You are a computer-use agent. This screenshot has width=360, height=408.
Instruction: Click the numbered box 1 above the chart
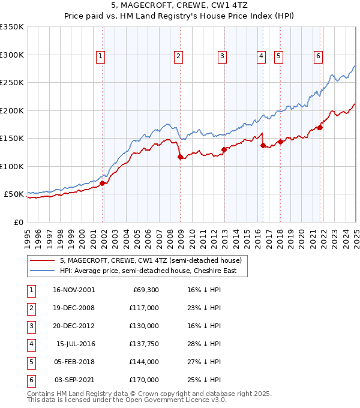point(100,56)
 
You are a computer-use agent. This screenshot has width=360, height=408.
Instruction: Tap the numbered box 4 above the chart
point(262,56)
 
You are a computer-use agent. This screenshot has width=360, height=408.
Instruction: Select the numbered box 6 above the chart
point(318,56)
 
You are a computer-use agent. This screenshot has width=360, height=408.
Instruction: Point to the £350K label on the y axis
point(11,27)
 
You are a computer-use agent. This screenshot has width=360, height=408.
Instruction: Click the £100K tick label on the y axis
point(11,166)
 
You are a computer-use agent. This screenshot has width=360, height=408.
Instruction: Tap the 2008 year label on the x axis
point(170,236)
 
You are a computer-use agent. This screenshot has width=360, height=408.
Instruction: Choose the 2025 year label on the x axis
point(356,236)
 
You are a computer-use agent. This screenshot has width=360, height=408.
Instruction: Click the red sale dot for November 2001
point(103,183)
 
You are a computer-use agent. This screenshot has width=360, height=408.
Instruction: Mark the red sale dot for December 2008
point(180,157)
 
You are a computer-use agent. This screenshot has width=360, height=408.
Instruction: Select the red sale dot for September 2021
point(320,127)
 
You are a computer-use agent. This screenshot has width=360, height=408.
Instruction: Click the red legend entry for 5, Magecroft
point(151,260)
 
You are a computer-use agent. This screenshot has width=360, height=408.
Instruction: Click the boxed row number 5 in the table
point(31,362)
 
